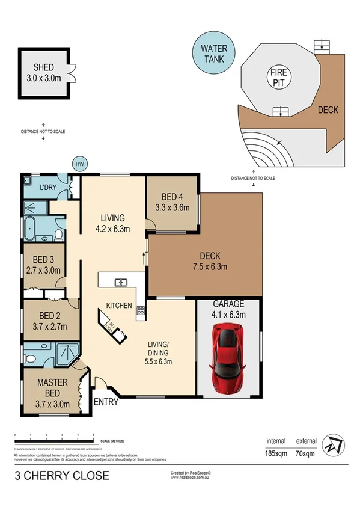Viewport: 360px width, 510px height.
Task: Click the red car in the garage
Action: [x=228, y=355]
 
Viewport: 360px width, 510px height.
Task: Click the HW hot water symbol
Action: [x=79, y=164]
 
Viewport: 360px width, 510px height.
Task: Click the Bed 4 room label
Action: [x=172, y=197]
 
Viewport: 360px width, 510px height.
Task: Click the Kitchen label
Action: [x=120, y=306]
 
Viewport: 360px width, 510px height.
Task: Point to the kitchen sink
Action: [x=120, y=281]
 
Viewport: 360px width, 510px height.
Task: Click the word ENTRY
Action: [x=106, y=402]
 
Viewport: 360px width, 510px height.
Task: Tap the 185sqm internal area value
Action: [x=276, y=455]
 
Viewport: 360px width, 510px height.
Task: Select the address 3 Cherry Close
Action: [x=62, y=476]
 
